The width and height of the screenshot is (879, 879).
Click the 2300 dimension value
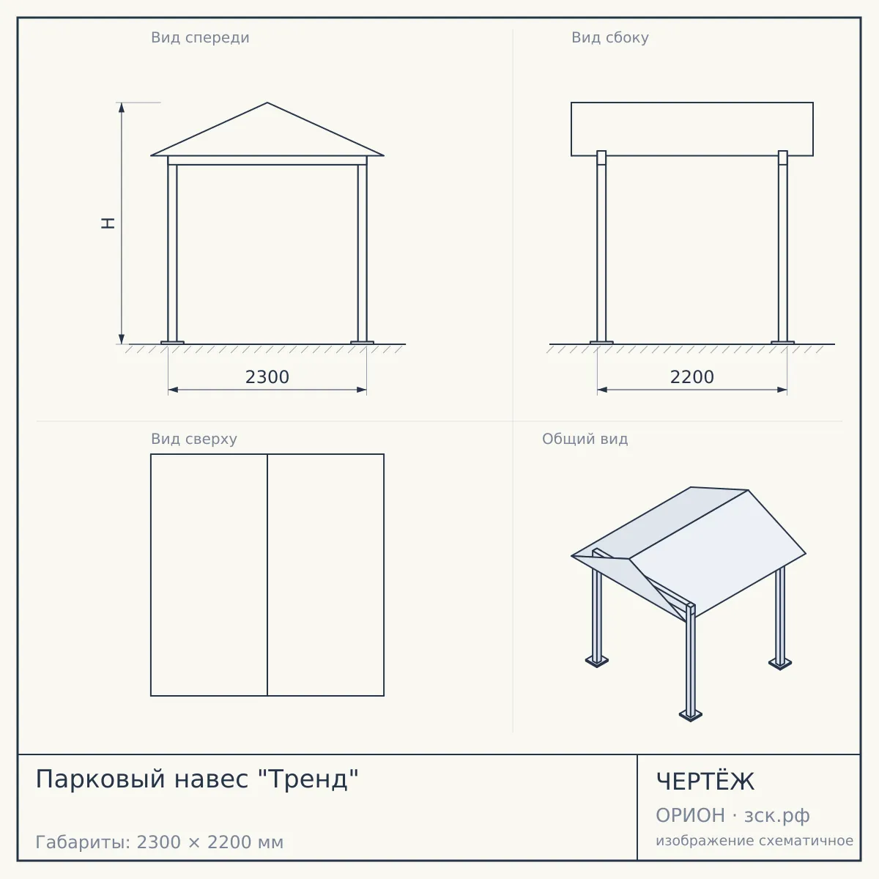click(267, 377)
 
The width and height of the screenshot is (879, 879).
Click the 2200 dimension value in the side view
click(691, 377)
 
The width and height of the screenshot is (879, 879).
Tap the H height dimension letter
click(108, 223)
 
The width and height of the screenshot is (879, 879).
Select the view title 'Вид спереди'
click(200, 37)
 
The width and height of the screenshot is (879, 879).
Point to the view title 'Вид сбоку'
click(610, 37)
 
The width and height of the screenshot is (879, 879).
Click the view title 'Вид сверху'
click(194, 439)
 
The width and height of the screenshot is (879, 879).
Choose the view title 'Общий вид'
click(585, 439)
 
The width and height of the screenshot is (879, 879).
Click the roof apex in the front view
click(267, 103)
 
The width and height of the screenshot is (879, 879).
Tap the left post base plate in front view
click(172, 343)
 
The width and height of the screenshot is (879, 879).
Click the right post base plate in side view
click(783, 343)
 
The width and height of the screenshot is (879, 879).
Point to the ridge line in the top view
click(267, 575)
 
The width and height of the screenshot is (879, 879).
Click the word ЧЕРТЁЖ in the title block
click(705, 782)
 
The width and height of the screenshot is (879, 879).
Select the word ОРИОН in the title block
click(690, 815)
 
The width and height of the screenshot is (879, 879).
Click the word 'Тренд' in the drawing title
click(309, 779)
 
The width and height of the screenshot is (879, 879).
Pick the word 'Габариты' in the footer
click(84, 842)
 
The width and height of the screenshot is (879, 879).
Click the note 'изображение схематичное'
click(754, 841)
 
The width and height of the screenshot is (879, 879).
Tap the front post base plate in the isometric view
click(691, 715)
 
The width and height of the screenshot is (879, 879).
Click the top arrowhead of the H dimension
click(122, 108)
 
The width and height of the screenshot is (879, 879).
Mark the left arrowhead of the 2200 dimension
click(602, 390)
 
